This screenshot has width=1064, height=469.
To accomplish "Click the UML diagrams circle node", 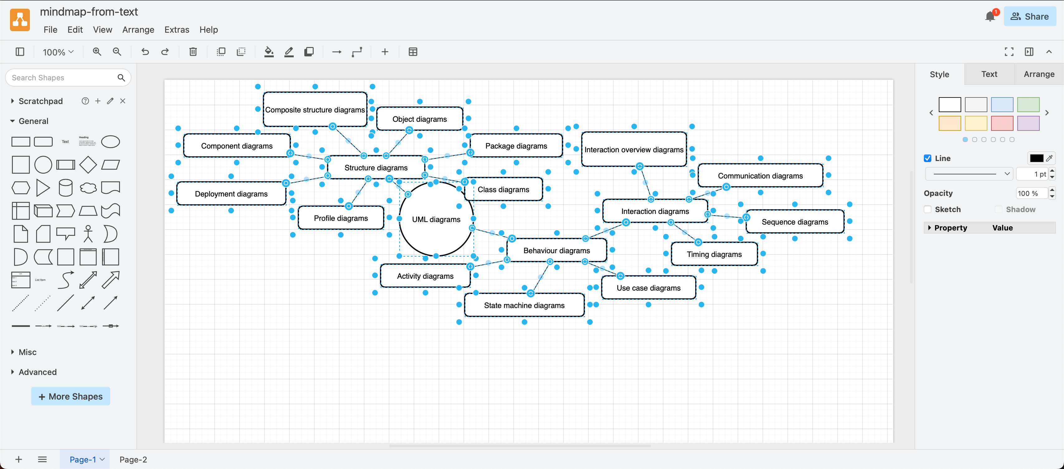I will pyautogui.click(x=436, y=219).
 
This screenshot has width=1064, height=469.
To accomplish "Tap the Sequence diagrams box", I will pyautogui.click(x=794, y=222).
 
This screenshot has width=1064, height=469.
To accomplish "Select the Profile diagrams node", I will pyautogui.click(x=340, y=218).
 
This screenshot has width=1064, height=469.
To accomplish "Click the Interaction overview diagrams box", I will pyautogui.click(x=633, y=150).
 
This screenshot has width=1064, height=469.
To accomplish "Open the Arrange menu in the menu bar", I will pyautogui.click(x=138, y=30).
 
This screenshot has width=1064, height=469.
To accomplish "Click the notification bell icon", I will pyautogui.click(x=990, y=17).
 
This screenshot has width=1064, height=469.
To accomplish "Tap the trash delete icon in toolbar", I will pyautogui.click(x=193, y=52).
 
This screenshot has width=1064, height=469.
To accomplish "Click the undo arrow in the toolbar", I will pyautogui.click(x=145, y=52).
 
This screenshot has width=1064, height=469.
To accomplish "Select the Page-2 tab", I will pyautogui.click(x=133, y=460).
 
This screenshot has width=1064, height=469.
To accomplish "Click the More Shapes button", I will pyautogui.click(x=71, y=396).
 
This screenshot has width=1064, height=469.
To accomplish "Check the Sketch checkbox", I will pyautogui.click(x=928, y=209).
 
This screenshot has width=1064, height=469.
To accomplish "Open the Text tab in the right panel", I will pyautogui.click(x=989, y=74).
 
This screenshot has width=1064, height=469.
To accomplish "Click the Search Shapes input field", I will pyautogui.click(x=62, y=78).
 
